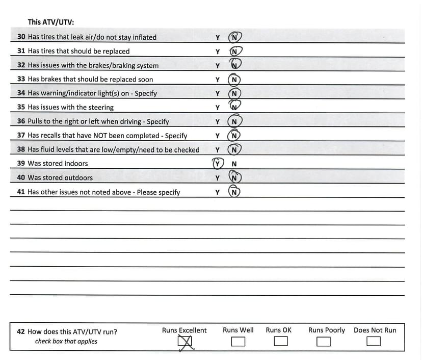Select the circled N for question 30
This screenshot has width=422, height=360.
coord(234,37)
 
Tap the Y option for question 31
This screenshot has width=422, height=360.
coord(218,52)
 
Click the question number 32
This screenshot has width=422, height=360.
coord(21,65)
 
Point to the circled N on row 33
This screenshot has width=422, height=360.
coord(234,80)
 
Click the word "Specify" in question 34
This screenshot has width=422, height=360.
coord(146,93)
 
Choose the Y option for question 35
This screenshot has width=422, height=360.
coord(218,108)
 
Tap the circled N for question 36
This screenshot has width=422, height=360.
coord(234,122)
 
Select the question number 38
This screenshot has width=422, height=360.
coord(21,149)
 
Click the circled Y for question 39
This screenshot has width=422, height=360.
coord(218,164)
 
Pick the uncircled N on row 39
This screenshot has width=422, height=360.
coord(234,164)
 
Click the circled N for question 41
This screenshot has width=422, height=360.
coord(234,192)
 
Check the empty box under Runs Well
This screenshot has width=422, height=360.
coord(238,341)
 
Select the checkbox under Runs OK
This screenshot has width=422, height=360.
coord(280,341)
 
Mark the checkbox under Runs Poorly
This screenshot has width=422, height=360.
coord(323,341)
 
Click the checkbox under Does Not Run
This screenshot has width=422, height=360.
coord(374,341)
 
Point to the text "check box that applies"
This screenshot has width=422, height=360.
coord(66,341)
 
